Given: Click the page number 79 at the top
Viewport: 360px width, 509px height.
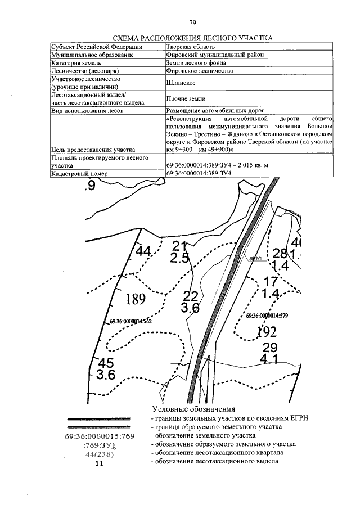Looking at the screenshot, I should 192,23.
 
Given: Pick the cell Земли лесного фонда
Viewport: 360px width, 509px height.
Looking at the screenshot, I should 194,64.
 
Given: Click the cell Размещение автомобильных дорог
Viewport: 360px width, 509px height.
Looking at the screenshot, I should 215,111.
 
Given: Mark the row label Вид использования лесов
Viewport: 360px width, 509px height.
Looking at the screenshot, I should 87,111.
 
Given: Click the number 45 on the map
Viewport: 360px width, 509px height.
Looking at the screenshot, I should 106,363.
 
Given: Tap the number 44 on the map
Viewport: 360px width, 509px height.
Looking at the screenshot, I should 144,251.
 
